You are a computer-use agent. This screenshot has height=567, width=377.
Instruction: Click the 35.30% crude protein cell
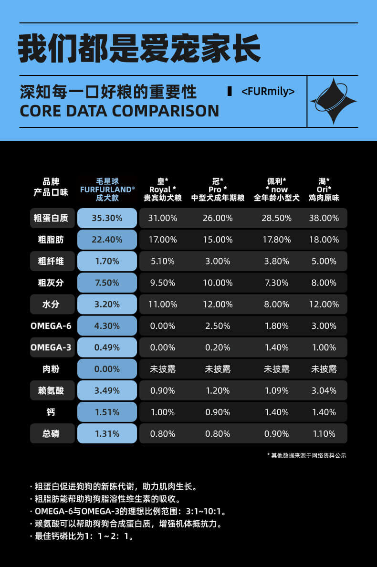click(107, 218)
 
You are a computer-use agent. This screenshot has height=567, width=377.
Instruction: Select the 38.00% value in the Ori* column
click(324, 218)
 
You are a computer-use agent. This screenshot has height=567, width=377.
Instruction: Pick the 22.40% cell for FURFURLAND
click(107, 240)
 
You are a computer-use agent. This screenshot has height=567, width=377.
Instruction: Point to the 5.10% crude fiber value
click(163, 261)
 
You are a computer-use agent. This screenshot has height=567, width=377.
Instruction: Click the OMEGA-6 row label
click(51, 326)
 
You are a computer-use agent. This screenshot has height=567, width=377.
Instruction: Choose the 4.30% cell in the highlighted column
click(107, 326)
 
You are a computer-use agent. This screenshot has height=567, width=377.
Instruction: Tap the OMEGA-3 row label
click(51, 347)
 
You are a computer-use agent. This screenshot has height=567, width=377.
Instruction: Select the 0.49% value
click(107, 347)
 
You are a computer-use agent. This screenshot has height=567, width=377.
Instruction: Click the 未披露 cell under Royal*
click(163, 369)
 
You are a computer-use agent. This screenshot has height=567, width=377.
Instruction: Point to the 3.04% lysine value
click(324, 390)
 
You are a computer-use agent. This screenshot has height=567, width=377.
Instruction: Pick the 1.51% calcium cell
click(107, 412)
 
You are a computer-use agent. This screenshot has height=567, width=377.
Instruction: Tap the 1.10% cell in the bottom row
click(324, 434)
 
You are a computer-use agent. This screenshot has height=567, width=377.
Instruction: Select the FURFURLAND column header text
click(107, 189)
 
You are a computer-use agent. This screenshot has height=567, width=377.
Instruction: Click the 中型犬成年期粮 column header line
click(218, 198)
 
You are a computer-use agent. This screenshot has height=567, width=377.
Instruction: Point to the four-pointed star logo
click(333, 101)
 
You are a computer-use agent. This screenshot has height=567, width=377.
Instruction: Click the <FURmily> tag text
click(268, 91)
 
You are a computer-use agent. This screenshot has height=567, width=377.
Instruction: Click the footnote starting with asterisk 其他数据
click(306, 455)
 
